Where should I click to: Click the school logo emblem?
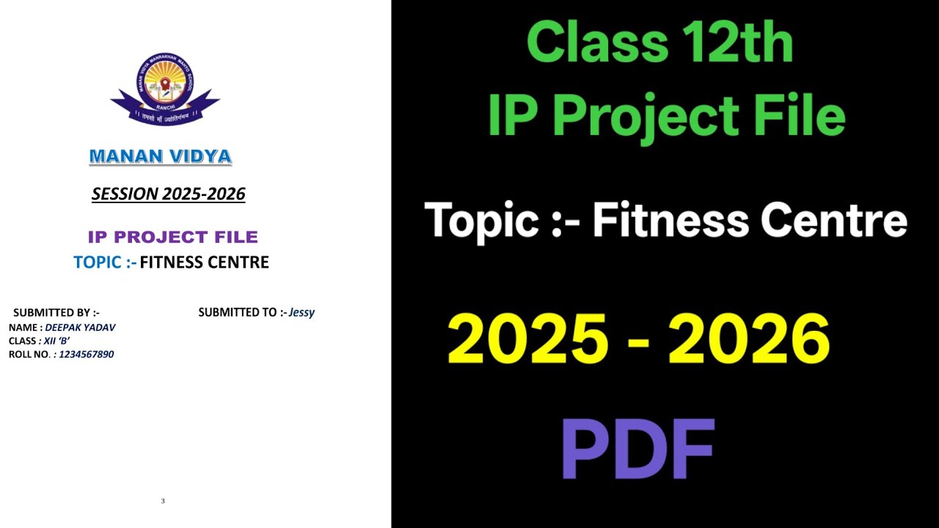click(x=165, y=88)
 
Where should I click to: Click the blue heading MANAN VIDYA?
click(x=160, y=156)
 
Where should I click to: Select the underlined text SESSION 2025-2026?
click(x=168, y=194)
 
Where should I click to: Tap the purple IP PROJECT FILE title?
click(x=172, y=237)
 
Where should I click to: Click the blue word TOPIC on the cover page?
click(x=99, y=262)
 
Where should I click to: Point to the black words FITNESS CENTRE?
click(x=204, y=262)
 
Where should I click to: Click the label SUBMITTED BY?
click(x=56, y=312)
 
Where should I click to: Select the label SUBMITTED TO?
click(x=241, y=312)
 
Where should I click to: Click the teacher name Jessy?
click(x=302, y=312)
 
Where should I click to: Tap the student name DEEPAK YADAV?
click(x=80, y=327)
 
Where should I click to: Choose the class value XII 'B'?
click(x=56, y=341)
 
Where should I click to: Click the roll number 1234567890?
click(x=86, y=354)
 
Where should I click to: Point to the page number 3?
click(x=163, y=501)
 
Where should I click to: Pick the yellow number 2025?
click(x=527, y=340)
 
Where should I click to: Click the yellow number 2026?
click(x=749, y=340)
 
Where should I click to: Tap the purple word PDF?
click(x=637, y=448)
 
